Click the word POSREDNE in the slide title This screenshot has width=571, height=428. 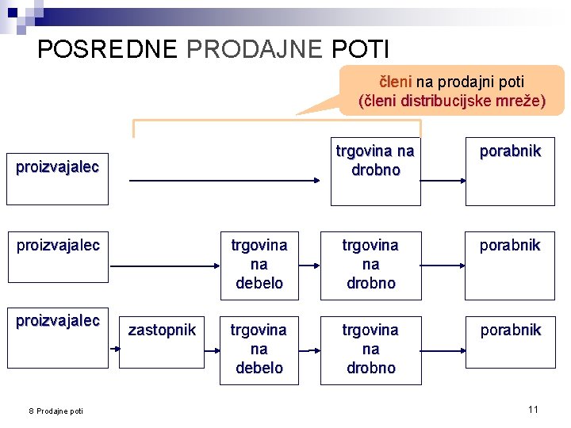tap(107, 49)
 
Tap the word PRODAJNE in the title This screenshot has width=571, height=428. tap(255, 49)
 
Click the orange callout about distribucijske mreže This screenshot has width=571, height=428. tap(452, 91)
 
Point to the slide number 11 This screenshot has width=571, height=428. tap(533, 409)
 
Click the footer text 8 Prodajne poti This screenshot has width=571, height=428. tap(56, 410)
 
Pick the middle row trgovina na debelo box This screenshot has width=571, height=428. tap(259, 265)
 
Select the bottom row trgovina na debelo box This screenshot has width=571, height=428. tap(259, 349)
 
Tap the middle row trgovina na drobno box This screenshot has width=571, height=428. tap(370, 265)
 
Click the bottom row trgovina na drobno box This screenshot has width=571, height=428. tap(370, 349)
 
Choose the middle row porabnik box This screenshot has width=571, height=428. tap(510, 265)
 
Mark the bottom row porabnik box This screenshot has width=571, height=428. tap(510, 349)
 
